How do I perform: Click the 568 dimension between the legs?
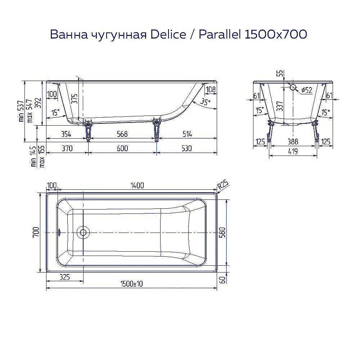point(122,134)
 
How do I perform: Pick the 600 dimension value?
point(122,148)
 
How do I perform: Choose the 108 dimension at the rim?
point(211,89)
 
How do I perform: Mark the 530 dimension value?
point(187,148)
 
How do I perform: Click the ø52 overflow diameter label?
point(306,90)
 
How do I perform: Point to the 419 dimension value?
point(293,152)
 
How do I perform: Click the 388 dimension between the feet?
point(293,141)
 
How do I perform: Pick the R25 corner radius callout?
point(224,185)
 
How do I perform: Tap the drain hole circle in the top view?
point(84,233)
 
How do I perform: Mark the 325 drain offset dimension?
point(63,277)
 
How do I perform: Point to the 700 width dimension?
point(35,233)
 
